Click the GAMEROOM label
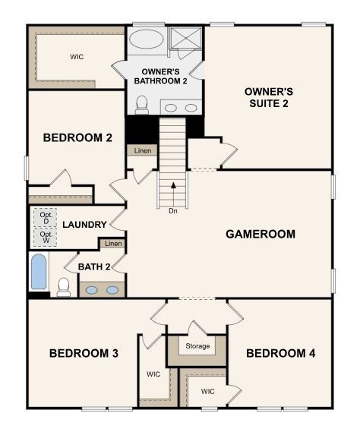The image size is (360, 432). coord(261,234)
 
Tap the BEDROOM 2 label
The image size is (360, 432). coord(67,137)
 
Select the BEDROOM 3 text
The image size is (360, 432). coord(84,353)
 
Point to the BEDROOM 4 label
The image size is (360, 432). coord(280,353)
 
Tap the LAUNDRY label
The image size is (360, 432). coord(84,225)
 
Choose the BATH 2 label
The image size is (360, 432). coord(95,266)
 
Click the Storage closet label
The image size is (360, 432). coord(197,346)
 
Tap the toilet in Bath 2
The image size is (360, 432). coord(64,286)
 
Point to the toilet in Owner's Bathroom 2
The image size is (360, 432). coord(141,103)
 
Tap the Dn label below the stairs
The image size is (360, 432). coord(174,211)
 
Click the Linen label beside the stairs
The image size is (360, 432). coord(142,151)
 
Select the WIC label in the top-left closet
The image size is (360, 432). coord(77,56)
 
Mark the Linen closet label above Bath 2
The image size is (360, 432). coord(113,244)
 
